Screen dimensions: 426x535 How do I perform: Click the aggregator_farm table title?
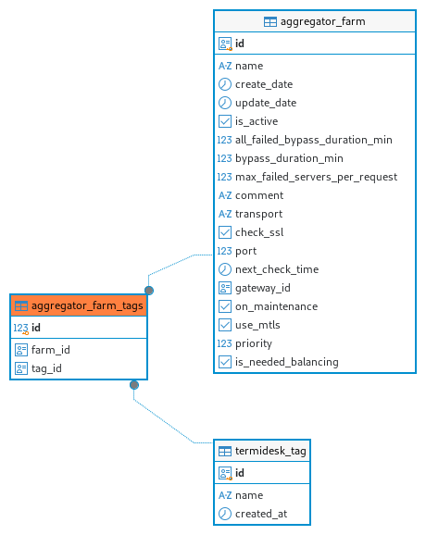322,22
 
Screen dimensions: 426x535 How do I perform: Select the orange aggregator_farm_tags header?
79,305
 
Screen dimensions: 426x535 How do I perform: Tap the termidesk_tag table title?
270,451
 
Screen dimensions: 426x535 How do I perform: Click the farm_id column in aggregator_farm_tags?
51,350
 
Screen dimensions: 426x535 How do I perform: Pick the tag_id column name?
46,368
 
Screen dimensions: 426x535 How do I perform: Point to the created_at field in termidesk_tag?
261,514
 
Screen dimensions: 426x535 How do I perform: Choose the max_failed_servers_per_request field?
316,177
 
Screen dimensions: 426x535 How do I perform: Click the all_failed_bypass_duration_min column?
314,140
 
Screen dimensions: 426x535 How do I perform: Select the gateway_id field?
262,288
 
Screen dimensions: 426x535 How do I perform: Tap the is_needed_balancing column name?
287,362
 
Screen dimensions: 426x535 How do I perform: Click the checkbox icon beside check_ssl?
225,232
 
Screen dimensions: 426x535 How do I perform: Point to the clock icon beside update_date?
225,103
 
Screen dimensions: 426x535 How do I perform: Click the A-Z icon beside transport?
225,214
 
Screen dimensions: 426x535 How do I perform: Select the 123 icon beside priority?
225,343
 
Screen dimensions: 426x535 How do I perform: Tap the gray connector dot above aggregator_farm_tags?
149,291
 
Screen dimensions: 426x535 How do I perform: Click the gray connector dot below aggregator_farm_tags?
134,385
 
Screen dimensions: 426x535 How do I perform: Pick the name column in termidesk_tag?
249,495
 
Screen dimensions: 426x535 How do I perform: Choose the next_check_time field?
277,269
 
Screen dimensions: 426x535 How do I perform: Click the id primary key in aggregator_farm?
240,44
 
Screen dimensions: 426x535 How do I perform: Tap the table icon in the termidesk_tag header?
225,451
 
